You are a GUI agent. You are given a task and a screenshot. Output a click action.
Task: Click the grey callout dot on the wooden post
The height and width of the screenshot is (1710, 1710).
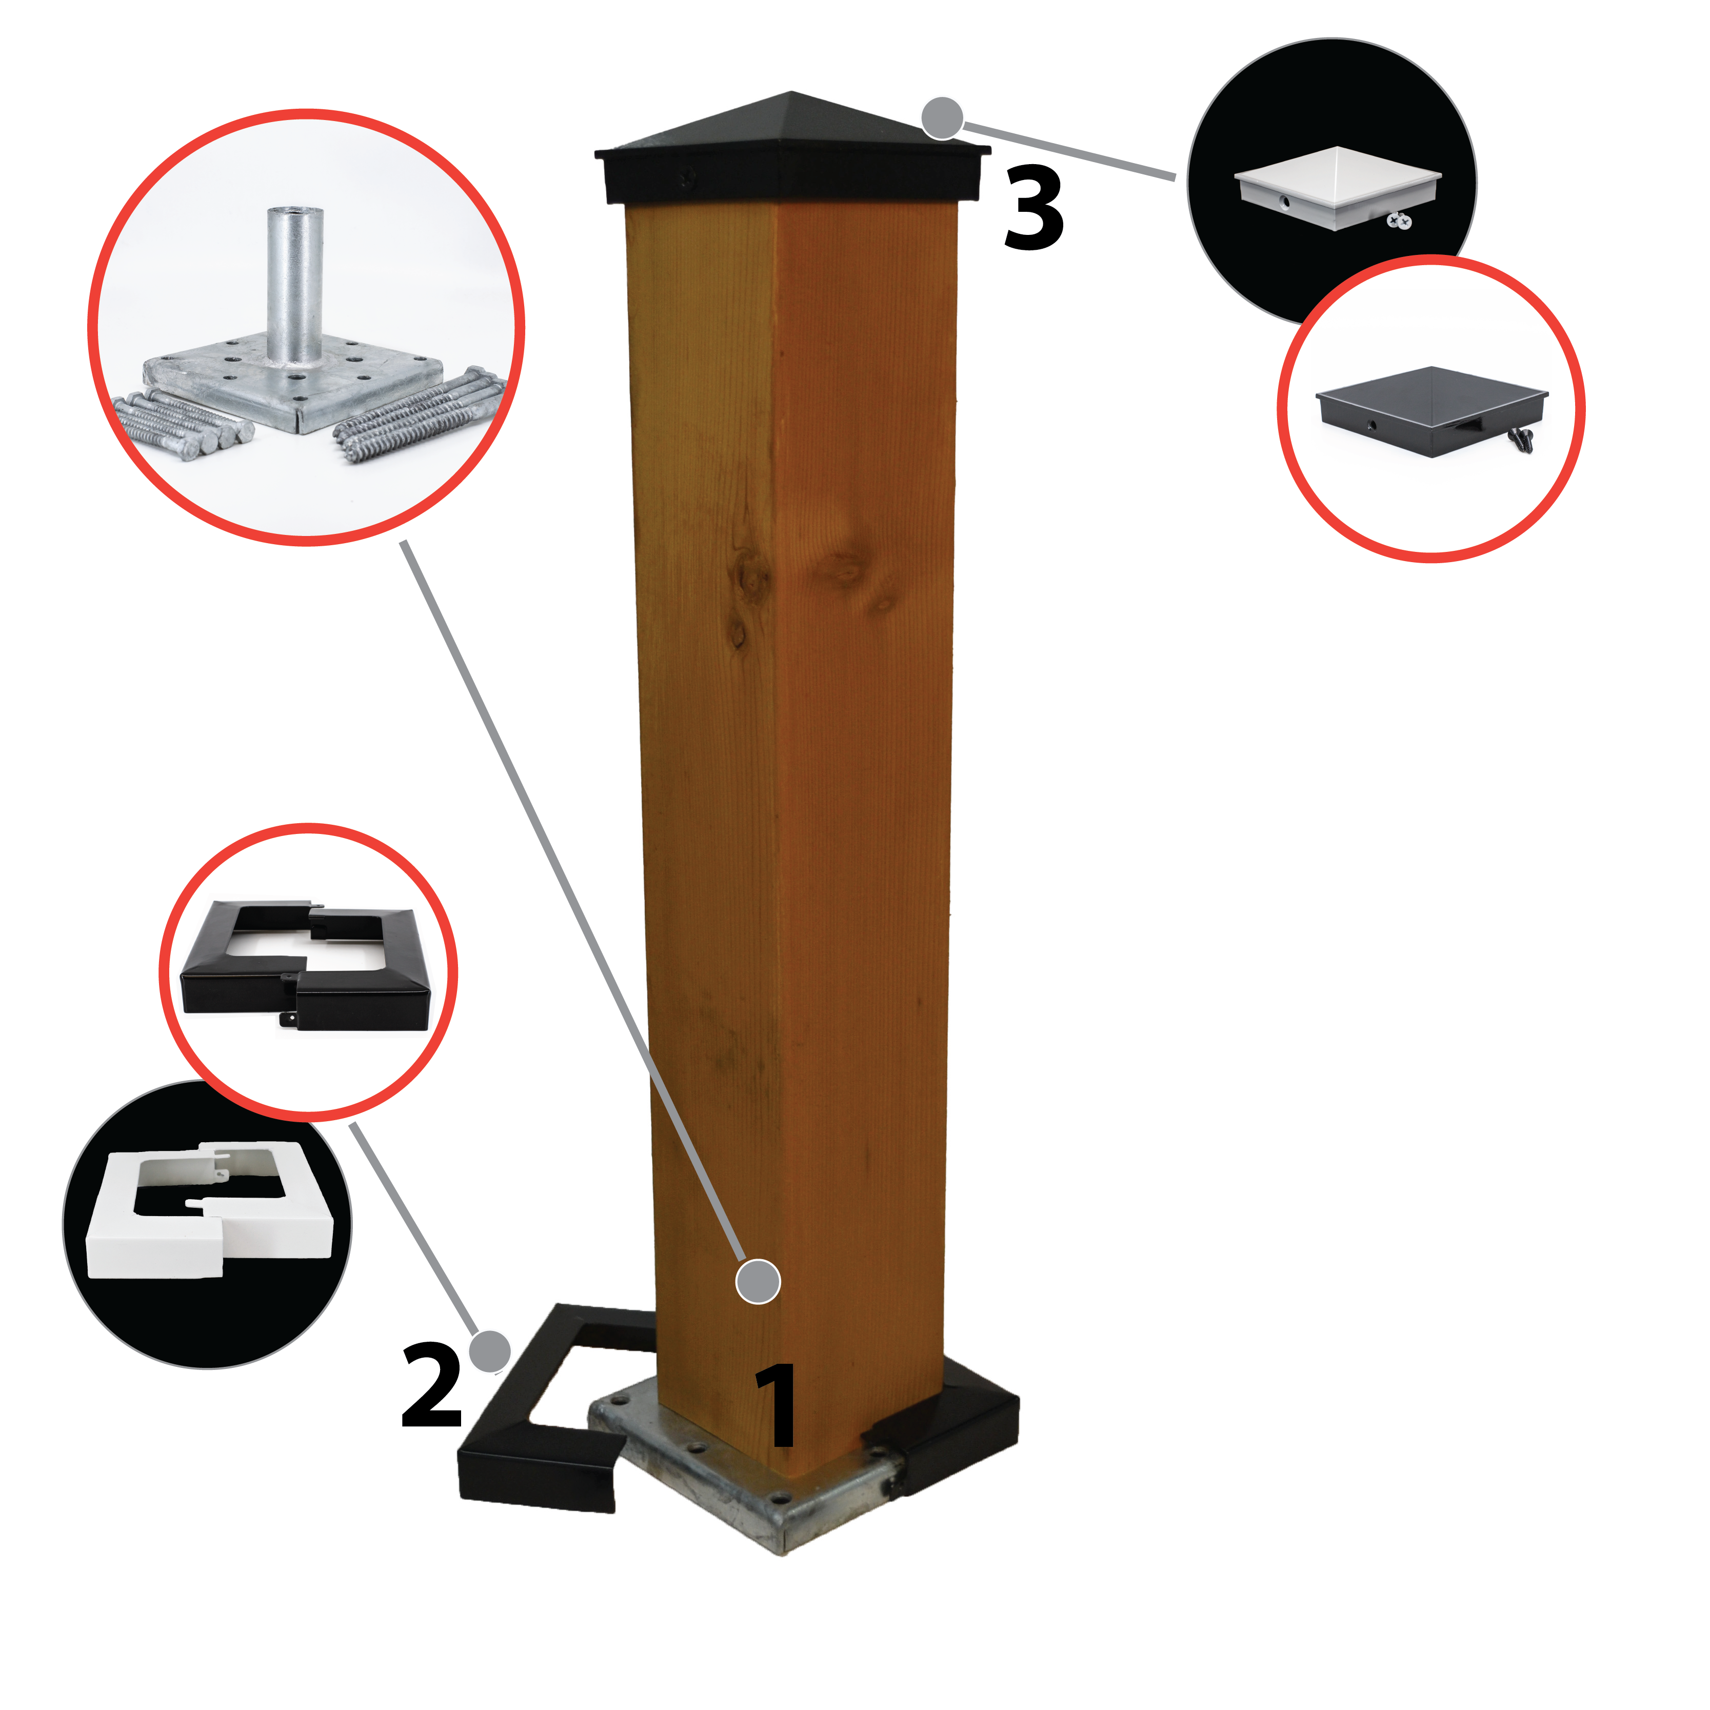[758, 1281]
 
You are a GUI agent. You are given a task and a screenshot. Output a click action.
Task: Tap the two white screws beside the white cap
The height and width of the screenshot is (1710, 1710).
[1399, 221]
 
